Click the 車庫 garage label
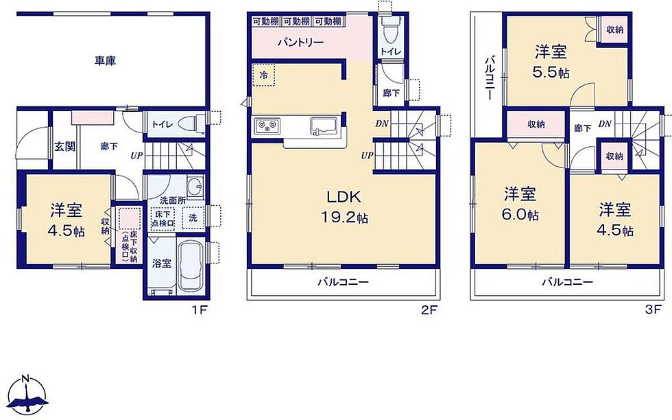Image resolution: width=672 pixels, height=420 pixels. click(x=105, y=61)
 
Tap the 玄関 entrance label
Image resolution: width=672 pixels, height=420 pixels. click(x=64, y=146)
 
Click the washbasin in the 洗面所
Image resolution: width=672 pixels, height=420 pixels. click(x=196, y=187)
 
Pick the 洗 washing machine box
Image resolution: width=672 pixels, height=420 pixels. click(x=193, y=218)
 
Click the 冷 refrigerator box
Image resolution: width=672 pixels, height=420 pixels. click(x=263, y=75)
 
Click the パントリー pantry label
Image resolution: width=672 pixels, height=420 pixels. click(x=300, y=43)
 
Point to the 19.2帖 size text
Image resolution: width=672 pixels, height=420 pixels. click(x=344, y=218)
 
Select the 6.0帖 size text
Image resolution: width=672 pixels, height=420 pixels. click(x=520, y=214)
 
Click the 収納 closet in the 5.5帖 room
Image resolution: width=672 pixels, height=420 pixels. click(x=614, y=30)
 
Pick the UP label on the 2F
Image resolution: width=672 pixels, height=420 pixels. click(x=367, y=156)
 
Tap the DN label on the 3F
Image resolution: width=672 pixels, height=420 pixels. click(x=605, y=124)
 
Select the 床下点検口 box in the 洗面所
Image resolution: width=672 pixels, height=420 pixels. click(x=163, y=218)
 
